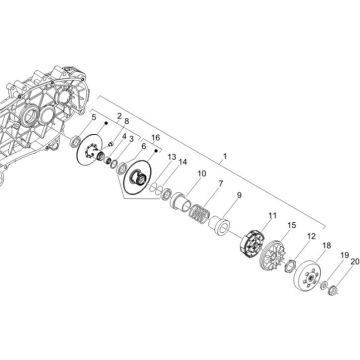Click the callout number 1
(x=225, y=156)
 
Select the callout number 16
(x=156, y=138)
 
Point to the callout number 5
(x=94, y=117)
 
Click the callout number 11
(x=273, y=216)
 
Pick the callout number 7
(x=221, y=183)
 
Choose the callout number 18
(x=327, y=246)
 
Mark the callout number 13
(x=172, y=157)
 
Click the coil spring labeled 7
(x=199, y=213)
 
